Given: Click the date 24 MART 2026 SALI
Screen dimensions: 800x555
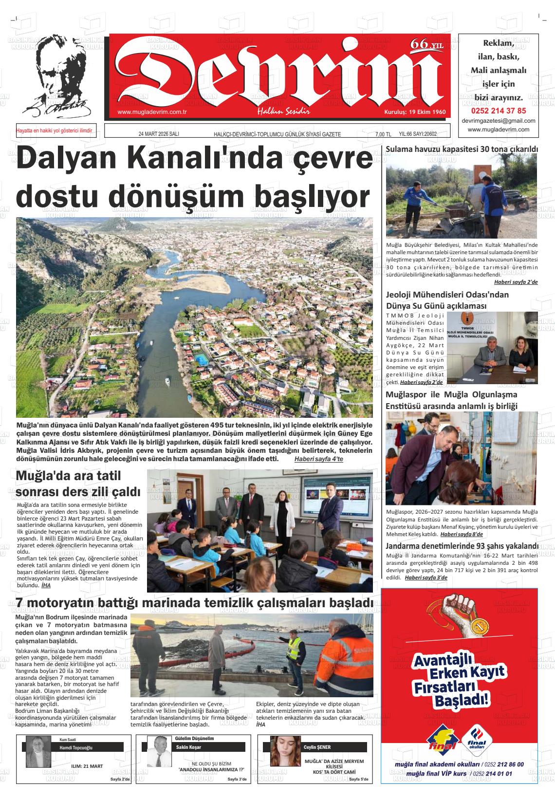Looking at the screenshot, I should click(159, 134).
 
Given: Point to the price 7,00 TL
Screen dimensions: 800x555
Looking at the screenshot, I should click(383, 134).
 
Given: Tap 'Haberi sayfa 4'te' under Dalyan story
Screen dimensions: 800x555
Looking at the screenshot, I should click(318, 459).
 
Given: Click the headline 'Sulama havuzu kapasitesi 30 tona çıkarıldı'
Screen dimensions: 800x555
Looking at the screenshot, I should click(462, 149).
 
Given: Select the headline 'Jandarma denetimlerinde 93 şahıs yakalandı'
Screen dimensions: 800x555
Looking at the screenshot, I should click(462, 546).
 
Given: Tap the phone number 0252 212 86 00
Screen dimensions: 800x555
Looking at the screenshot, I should click(504, 764).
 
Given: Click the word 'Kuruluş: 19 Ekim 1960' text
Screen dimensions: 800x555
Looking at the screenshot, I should click(414, 112).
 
